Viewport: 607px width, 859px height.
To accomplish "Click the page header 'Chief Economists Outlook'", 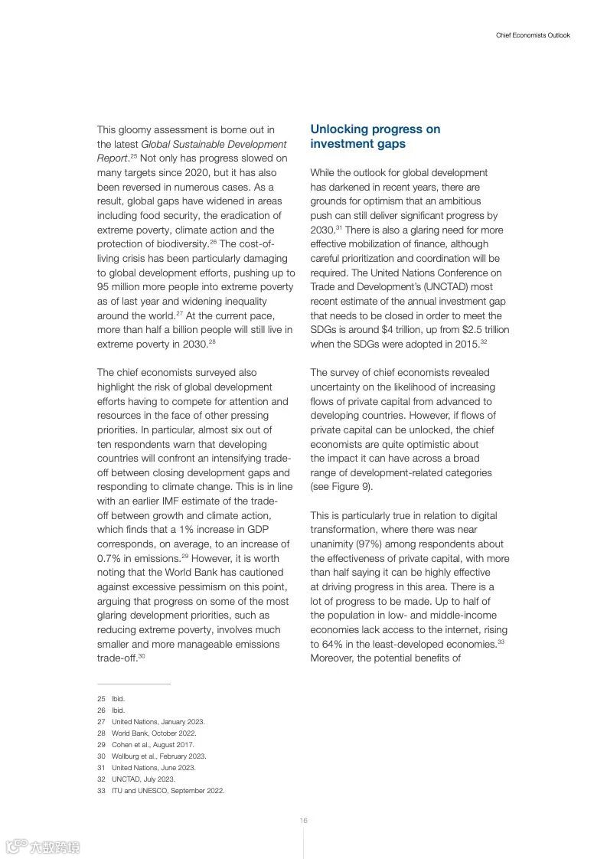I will pos(533,35).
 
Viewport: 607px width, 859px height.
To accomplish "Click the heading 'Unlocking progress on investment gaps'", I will pos(375,136).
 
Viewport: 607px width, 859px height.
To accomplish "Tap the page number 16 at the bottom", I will pos(303,820).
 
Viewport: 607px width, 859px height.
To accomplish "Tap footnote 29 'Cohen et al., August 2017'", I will pos(153,745).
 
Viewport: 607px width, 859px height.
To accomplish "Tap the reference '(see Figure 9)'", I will pos(341,487).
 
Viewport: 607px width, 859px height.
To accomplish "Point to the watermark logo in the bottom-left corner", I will pos(43,847).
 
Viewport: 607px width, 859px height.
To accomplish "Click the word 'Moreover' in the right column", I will pos(331,658).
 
